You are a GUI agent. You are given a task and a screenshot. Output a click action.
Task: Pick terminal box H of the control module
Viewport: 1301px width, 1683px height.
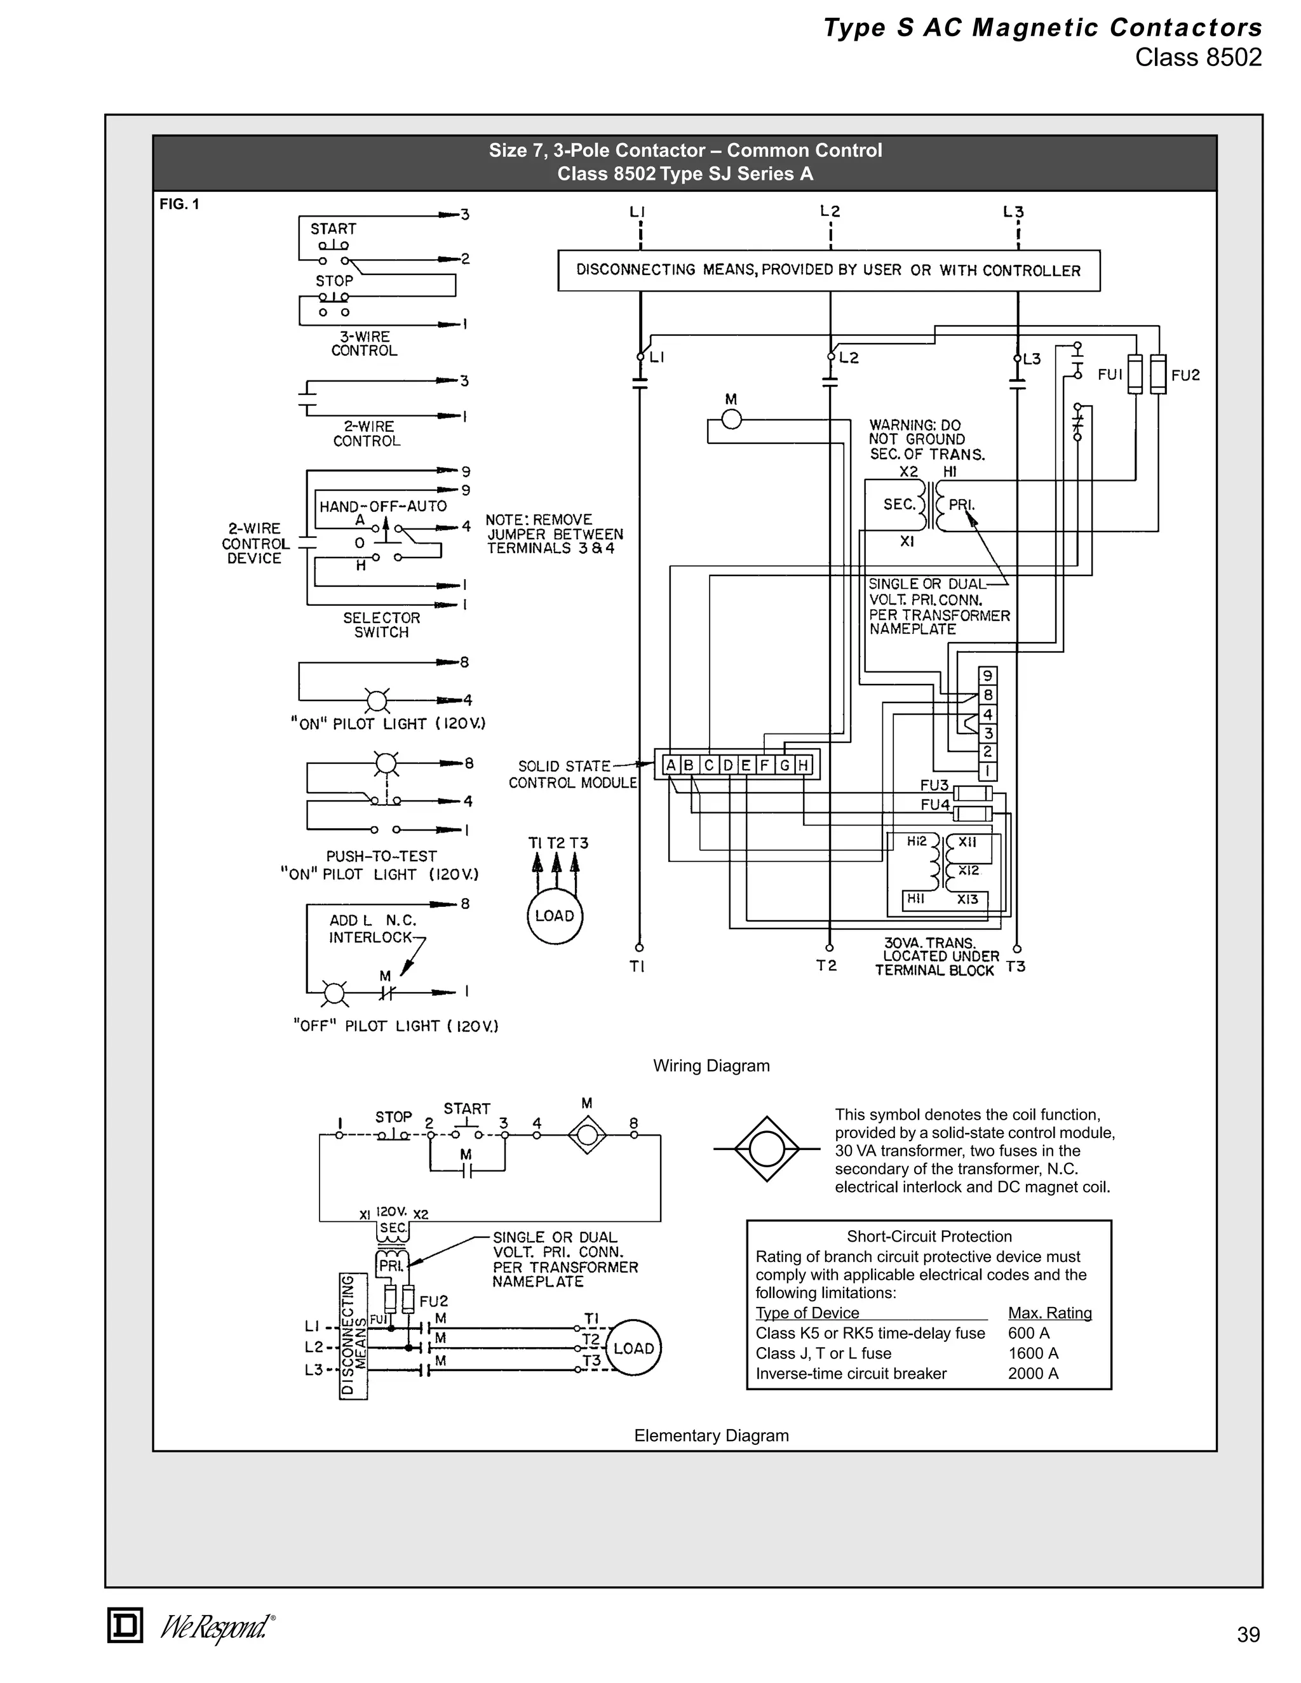pyautogui.click(x=803, y=765)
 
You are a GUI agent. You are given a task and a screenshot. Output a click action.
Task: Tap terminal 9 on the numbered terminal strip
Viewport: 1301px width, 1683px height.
pyautogui.click(x=987, y=676)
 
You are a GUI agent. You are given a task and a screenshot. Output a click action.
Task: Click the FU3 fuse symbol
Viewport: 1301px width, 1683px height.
pyautogui.click(x=973, y=794)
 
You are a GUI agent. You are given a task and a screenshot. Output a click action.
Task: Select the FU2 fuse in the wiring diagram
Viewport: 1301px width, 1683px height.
pyautogui.click(x=1157, y=375)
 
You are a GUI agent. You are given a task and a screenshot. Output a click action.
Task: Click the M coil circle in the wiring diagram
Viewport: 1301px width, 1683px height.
pyautogui.click(x=731, y=419)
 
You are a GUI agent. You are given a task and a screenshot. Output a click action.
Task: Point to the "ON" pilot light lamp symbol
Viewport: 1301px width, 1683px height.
pyautogui.click(x=376, y=701)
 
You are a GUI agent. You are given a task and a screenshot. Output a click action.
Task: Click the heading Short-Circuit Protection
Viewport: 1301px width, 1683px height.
pyautogui.click(x=929, y=1236)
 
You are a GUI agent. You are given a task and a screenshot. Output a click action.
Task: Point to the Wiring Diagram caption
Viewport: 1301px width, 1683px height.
pyautogui.click(x=711, y=1066)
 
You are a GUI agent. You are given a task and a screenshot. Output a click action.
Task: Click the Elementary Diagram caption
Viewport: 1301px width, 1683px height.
pyautogui.click(x=711, y=1436)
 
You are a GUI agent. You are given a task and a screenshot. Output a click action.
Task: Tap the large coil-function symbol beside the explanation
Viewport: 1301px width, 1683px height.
pyautogui.click(x=766, y=1149)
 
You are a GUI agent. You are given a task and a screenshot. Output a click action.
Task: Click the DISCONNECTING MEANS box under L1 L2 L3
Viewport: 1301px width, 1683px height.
pyautogui.click(x=828, y=271)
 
